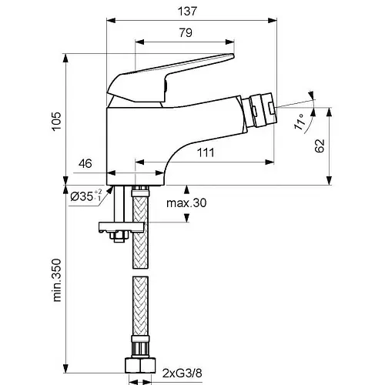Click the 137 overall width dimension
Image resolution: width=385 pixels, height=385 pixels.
pyautogui.click(x=187, y=12)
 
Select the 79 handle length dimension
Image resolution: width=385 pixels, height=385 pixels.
pyautogui.click(x=186, y=33)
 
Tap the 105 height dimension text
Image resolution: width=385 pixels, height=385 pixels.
pyautogui.click(x=57, y=121)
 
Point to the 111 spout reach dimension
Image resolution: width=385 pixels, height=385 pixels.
pyautogui.click(x=206, y=152)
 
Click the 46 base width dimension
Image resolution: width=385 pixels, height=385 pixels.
pyautogui.click(x=85, y=163)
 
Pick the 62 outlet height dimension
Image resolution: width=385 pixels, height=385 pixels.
pyautogui.click(x=320, y=146)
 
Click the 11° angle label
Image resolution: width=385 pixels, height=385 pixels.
pyautogui.click(x=300, y=122)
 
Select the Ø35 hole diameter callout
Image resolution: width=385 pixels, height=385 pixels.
pyautogui.click(x=86, y=196)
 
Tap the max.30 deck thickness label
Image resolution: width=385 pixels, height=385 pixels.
pyautogui.click(x=186, y=203)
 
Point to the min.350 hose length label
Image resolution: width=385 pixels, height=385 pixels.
pyautogui.click(x=57, y=280)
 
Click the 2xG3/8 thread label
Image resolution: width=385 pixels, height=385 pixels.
pyautogui.click(x=182, y=373)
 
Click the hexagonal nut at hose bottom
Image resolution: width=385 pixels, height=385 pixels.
pyautogui.click(x=140, y=365)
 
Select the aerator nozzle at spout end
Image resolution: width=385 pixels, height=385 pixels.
pyautogui.click(x=261, y=110)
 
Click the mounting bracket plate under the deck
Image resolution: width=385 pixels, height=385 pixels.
pyautogui.click(x=122, y=227)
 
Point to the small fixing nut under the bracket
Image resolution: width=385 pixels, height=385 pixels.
pyautogui.click(x=119, y=236)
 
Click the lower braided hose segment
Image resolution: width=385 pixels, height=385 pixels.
pyautogui.click(x=140, y=306)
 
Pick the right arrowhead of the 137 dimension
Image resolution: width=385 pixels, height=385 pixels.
pyautogui.click(x=273, y=21)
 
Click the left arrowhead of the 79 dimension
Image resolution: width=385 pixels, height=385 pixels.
pyautogui.click(x=139, y=42)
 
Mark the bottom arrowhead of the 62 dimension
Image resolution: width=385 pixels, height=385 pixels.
pyautogui.click(x=330, y=180)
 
